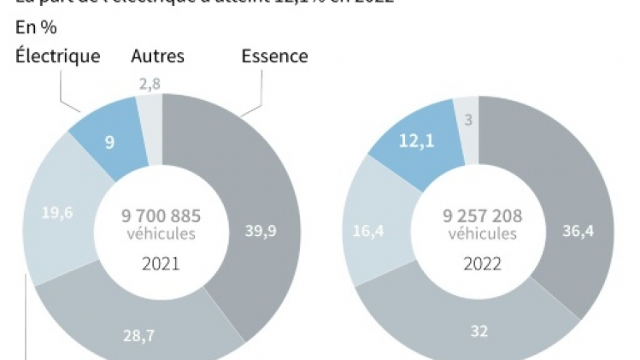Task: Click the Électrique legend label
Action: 57,56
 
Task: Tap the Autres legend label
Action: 157,56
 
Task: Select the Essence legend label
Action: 274,56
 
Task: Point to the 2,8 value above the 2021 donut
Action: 149,84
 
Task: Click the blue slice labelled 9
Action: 110,141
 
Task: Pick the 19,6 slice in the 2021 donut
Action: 58,213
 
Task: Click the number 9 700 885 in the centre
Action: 161,216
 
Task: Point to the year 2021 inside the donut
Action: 161,263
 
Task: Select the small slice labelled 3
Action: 468,120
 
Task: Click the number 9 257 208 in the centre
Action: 482,216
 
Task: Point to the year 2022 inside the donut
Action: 482,263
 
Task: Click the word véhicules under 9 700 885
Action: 161,234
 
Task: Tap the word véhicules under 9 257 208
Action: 482,233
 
